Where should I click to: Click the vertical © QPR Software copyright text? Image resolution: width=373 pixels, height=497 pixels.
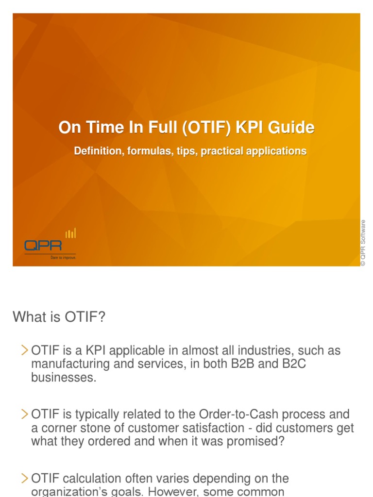click(x=363, y=243)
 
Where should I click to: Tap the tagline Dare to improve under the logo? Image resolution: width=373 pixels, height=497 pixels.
click(x=63, y=258)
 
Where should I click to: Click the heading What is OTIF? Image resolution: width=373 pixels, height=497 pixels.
click(x=59, y=317)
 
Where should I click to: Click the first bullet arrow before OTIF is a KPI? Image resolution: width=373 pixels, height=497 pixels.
click(x=25, y=350)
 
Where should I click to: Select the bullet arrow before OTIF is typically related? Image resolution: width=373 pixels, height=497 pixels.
click(x=25, y=414)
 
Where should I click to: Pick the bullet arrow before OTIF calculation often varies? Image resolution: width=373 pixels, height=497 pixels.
click(x=25, y=478)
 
